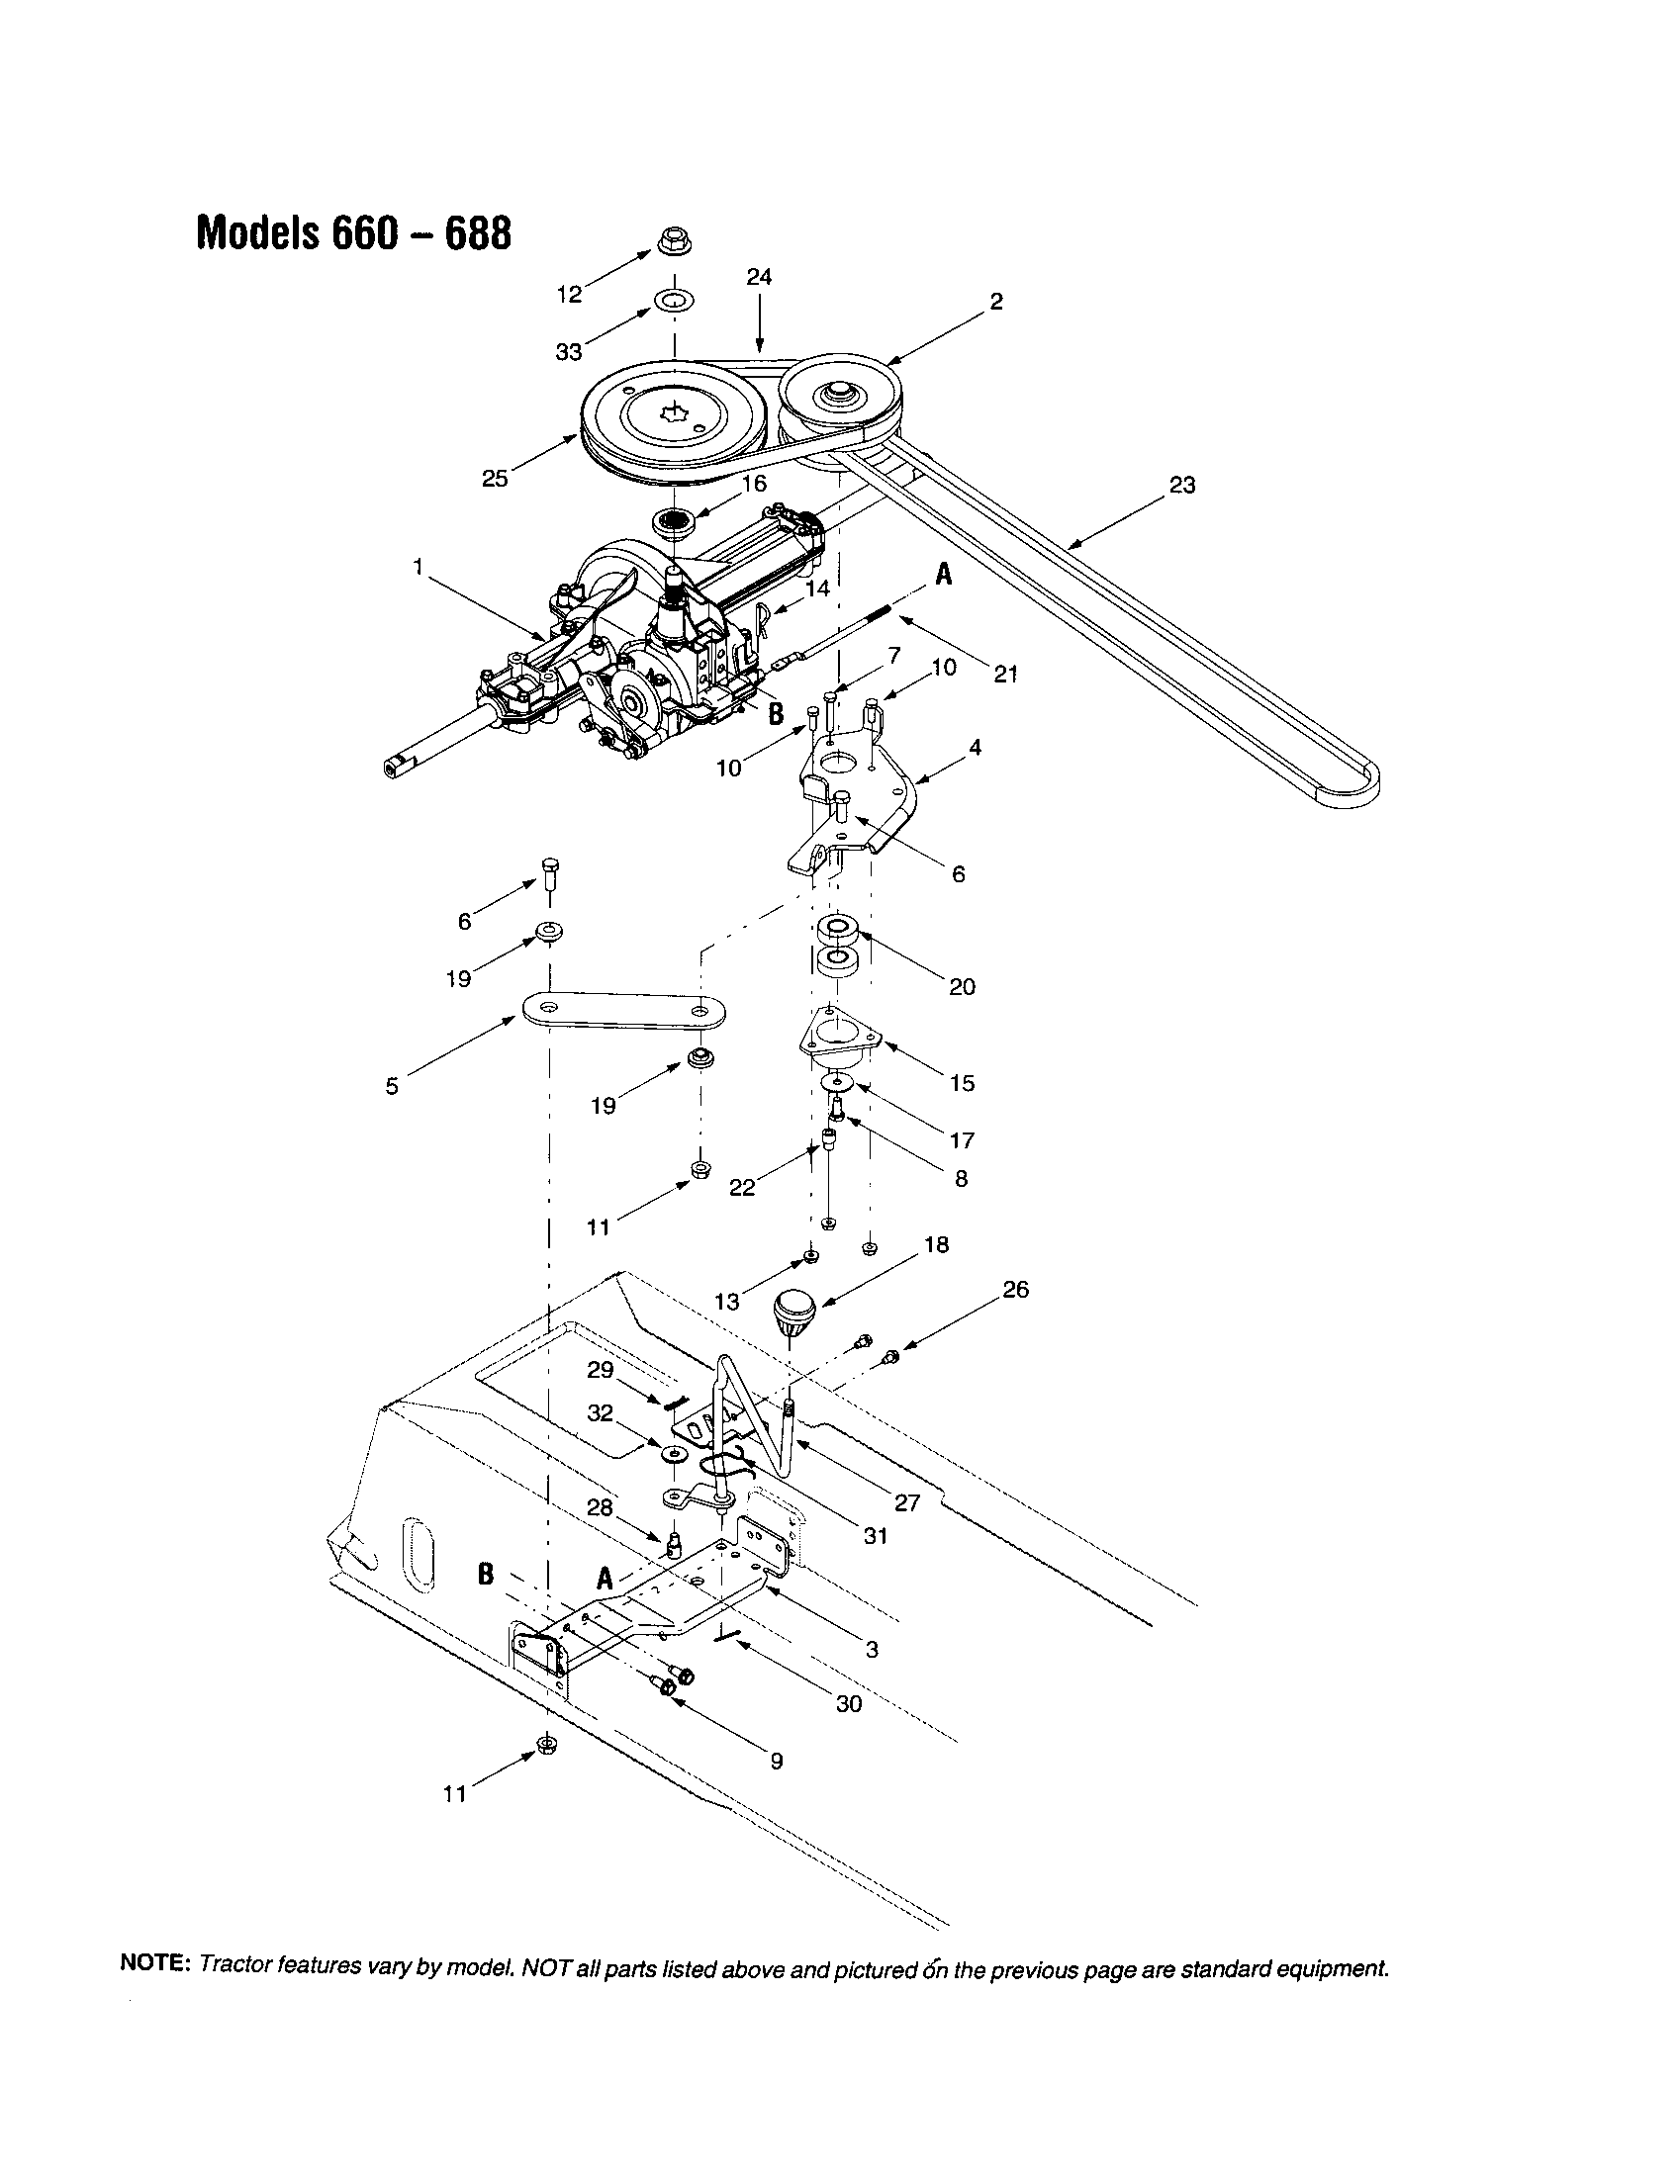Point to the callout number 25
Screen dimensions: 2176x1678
pos(495,479)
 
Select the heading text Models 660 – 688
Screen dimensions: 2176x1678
pos(354,232)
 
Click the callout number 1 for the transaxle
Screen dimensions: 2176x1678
pos(419,566)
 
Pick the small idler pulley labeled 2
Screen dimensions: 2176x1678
pos(837,396)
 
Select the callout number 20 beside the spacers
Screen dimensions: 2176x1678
pos(962,986)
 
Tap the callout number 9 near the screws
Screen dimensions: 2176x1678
pos(777,1761)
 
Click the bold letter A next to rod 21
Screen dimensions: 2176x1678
pos(943,575)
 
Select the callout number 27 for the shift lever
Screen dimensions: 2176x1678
pos(906,1502)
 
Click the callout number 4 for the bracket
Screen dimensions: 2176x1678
pos(976,746)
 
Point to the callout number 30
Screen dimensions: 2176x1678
pos(848,1704)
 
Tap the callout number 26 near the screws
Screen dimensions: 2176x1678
pos(1015,1289)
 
